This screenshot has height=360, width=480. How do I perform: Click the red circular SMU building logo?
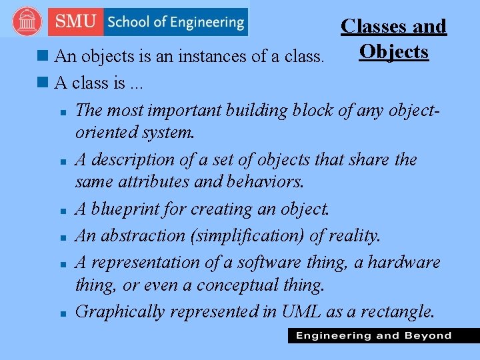27,22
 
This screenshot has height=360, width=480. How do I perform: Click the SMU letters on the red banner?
75,21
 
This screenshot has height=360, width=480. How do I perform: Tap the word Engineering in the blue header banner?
205,21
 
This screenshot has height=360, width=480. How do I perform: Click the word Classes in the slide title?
371,26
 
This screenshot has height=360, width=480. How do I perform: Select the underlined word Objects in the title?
393,51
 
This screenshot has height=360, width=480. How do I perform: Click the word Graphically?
120,311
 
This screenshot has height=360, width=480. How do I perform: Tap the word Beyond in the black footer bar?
427,335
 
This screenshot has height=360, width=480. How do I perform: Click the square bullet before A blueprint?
61,211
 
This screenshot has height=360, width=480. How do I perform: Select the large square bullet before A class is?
45,83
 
